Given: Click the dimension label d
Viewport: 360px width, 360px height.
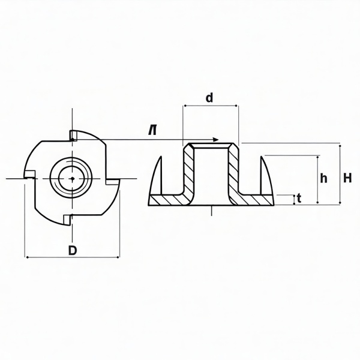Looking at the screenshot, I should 209,98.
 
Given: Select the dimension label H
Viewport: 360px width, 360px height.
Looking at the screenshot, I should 347,178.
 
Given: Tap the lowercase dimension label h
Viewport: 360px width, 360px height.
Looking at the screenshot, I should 324,178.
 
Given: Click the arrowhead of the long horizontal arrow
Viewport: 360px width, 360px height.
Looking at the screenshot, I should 215,140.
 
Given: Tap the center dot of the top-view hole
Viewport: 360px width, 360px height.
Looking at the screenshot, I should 71,178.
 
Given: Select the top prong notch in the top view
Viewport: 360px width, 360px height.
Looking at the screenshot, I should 72,136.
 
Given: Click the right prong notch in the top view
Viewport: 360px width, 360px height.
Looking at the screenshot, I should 113,180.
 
